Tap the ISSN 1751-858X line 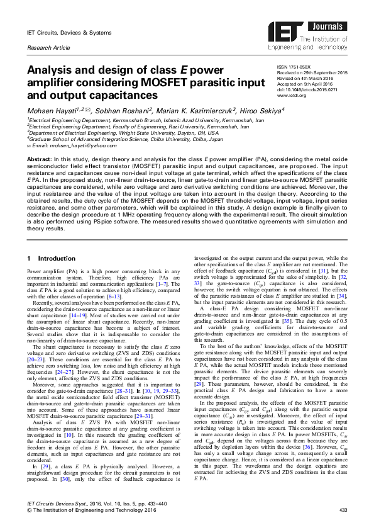[292, 65]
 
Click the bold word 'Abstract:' [38, 160]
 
